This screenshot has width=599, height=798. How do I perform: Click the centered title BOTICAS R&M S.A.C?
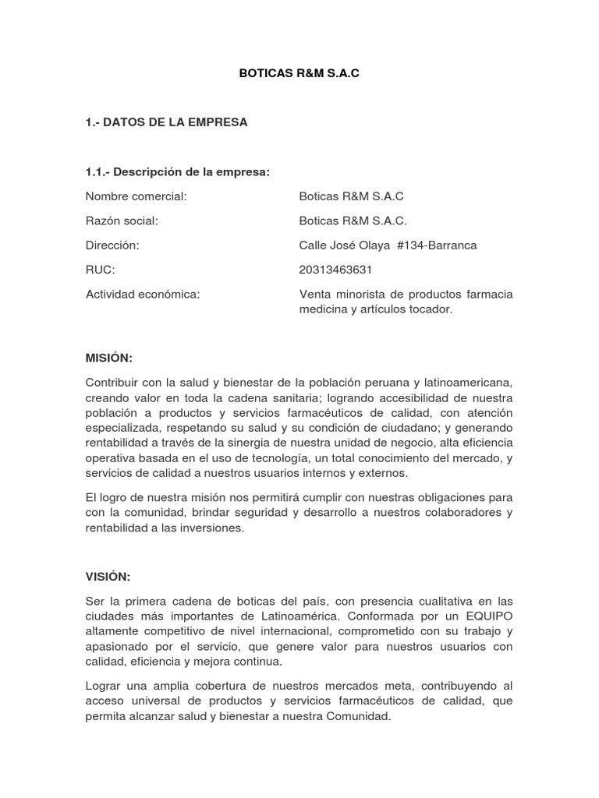[x=299, y=74]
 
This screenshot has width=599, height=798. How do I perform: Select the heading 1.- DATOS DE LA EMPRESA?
[x=166, y=122]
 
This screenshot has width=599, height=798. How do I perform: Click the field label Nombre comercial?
[x=136, y=196]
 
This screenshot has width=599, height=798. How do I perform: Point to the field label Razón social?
[x=122, y=221]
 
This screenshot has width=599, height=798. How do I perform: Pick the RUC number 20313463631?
[x=335, y=270]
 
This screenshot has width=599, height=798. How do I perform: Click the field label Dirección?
[x=112, y=245]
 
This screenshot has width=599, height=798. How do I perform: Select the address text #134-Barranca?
[x=436, y=245]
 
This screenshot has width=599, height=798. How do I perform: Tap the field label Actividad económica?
[x=143, y=294]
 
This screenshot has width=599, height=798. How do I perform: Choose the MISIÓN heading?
[x=109, y=358]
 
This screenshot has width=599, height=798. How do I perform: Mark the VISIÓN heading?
[x=108, y=576]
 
